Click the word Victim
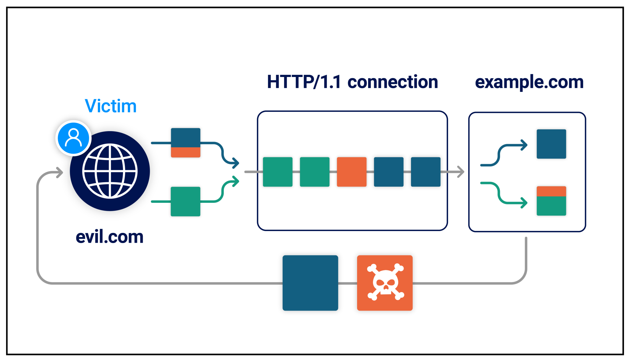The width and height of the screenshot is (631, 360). [111, 106]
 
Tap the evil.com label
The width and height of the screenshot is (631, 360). [109, 237]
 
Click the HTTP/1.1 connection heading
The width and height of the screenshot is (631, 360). [352, 82]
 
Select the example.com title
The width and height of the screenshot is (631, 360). [529, 82]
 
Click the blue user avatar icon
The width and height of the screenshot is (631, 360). [74, 138]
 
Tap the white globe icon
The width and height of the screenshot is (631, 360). [110, 171]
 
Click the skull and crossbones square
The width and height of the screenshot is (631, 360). [385, 283]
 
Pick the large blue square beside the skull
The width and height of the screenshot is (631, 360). [310, 283]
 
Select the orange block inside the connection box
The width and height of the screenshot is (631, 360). [352, 172]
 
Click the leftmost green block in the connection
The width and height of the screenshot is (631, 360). [277, 172]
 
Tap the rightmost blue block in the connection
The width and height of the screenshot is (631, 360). [426, 172]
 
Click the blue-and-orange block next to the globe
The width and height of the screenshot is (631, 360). [185, 143]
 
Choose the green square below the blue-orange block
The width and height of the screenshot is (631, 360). [185, 202]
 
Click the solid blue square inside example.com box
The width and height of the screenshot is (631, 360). [551, 144]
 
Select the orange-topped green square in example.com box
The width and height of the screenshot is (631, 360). [551, 201]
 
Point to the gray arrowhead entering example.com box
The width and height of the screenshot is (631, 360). [461, 172]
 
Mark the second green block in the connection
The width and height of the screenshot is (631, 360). [315, 172]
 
